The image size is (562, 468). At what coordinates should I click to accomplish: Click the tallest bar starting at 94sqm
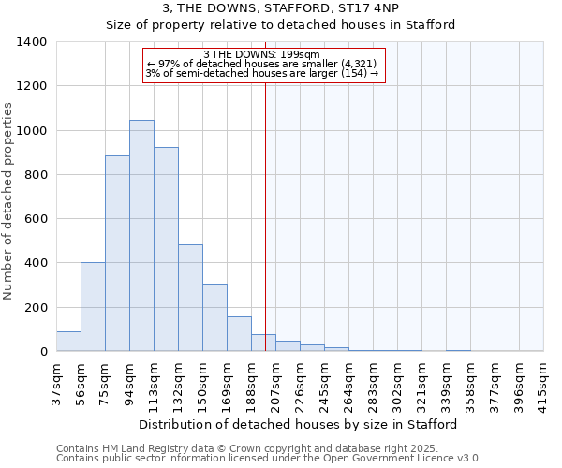(x=141, y=236)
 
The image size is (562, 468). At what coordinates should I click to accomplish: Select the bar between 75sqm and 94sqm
(x=117, y=254)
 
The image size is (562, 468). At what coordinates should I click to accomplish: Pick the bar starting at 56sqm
(x=93, y=307)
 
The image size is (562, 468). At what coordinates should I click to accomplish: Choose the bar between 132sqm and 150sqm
(x=190, y=298)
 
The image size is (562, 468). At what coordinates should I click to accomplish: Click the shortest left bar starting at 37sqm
(x=68, y=342)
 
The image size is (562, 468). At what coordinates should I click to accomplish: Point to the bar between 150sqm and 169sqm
(x=214, y=317)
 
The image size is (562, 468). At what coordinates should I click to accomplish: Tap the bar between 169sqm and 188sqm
(x=239, y=334)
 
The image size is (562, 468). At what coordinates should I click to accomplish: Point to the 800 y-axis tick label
(x=35, y=175)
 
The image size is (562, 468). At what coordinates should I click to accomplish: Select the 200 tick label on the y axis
(x=35, y=308)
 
